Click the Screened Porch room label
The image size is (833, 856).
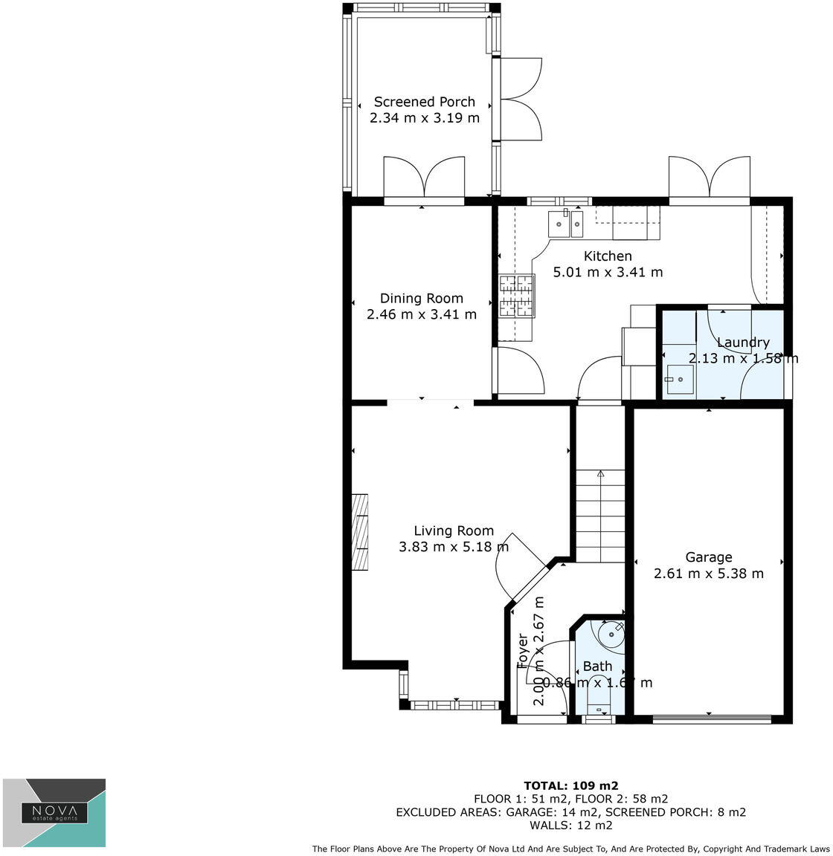point(424,102)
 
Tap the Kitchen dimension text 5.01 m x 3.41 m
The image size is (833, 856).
point(608,272)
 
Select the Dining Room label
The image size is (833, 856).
point(421,298)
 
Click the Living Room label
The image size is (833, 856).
point(453,531)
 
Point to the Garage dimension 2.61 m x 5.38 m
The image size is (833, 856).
point(708,574)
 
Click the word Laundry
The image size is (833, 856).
point(742,343)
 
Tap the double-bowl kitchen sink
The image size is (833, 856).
point(567,223)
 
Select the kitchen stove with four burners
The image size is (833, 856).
point(517,295)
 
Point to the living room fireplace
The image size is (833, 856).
point(360,531)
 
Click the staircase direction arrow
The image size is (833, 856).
point(600,473)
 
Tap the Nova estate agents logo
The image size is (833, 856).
point(54,812)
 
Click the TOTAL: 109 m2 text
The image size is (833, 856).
point(570,785)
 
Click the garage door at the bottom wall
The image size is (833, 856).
point(711,719)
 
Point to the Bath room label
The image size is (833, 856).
point(597,667)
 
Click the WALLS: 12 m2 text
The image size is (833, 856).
point(570,826)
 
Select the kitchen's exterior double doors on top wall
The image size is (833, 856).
point(709,178)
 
